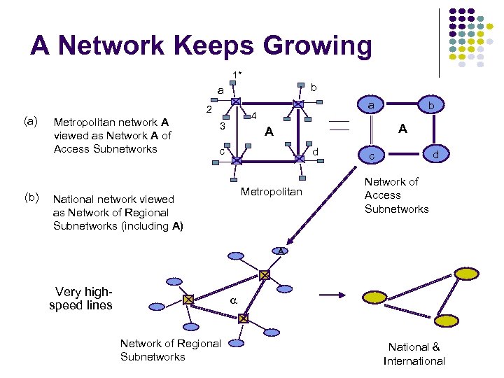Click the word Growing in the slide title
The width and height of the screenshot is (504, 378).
(304, 46)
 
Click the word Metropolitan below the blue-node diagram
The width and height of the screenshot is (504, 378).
(272, 192)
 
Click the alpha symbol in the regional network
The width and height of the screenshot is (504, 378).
(234, 301)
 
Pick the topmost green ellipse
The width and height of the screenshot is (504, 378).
(465, 272)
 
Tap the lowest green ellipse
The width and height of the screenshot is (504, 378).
(445, 320)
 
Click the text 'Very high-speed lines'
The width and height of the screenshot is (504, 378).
(80, 299)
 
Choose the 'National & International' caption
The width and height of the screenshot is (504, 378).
(414, 354)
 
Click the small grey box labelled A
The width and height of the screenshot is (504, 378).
(280, 251)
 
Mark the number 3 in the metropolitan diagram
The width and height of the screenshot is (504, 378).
(222, 127)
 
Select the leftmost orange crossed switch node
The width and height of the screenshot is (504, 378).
(188, 300)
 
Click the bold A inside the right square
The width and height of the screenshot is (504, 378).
(402, 129)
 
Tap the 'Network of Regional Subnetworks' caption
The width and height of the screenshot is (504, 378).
(170, 350)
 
